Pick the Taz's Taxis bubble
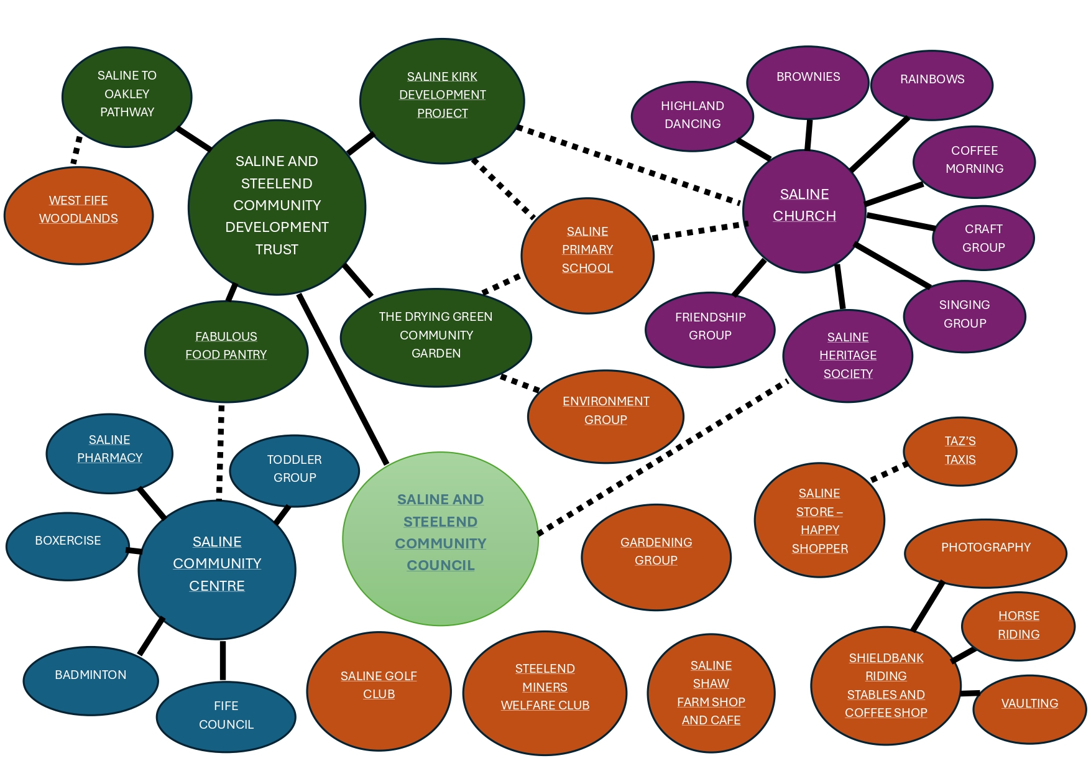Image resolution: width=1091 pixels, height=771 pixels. [960, 451]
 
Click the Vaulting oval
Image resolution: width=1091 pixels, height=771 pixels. [1029, 709]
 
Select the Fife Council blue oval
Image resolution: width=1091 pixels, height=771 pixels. [226, 716]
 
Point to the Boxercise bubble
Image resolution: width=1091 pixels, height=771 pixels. [68, 546]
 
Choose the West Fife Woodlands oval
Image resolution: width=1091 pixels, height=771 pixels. [78, 215]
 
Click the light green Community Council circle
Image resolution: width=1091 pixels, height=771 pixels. [440, 538]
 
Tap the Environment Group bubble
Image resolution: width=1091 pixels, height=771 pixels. [605, 415]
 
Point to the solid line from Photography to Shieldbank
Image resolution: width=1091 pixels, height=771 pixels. [927, 606]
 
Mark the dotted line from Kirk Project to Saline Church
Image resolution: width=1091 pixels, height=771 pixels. [628, 165]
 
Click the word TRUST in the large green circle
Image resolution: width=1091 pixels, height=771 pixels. [277, 249]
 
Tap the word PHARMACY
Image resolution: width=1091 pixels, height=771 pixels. [109, 458]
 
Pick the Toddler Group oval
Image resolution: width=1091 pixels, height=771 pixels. [294, 470]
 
